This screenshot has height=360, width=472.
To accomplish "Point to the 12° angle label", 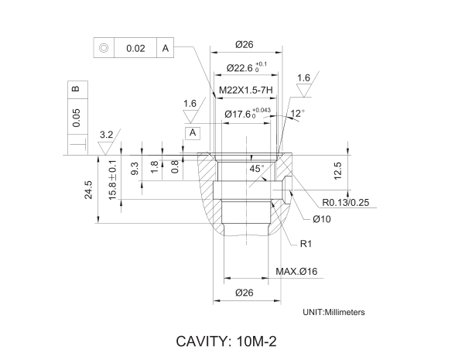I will (x=297, y=113).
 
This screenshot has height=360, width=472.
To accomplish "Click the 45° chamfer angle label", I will (x=257, y=168).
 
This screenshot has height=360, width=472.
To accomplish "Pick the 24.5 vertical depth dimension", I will (x=88, y=190).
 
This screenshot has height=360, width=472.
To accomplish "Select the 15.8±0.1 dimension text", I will (x=113, y=180).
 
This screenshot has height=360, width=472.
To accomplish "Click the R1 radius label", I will (x=306, y=244).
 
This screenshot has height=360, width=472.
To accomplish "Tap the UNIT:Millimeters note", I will (x=333, y=312).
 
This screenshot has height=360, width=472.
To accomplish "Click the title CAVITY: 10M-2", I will (x=227, y=341).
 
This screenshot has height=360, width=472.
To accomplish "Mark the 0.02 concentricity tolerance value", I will (x=135, y=48).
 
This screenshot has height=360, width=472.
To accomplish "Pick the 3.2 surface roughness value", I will (x=107, y=135).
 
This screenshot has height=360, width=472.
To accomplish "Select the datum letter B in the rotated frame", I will (x=75, y=89).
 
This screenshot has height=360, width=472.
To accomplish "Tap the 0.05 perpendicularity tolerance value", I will (x=75, y=118).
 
